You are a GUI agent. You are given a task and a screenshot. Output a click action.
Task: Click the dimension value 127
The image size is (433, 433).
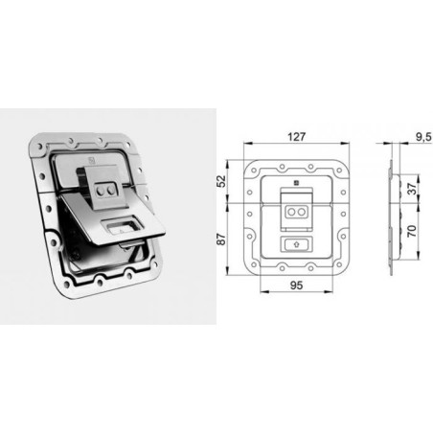[297, 137]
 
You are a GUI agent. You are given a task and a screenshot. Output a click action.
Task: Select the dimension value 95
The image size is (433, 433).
[296, 285]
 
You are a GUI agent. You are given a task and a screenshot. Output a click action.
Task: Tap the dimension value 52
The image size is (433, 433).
[221, 181]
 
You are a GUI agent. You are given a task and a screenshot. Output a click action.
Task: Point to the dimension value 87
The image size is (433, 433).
[221, 239]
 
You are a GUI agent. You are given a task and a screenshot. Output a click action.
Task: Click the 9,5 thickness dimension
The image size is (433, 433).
[423, 137]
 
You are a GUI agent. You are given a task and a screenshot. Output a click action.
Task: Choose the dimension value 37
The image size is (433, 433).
[412, 189]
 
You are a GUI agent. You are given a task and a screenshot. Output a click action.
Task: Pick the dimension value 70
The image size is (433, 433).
[412, 231]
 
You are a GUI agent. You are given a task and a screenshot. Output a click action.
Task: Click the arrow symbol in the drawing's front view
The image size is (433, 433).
[296, 244]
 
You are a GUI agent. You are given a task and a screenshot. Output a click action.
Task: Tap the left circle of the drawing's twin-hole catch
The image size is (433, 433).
[291, 212]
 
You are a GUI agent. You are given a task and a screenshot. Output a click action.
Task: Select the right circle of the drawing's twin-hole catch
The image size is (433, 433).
[301, 212]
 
